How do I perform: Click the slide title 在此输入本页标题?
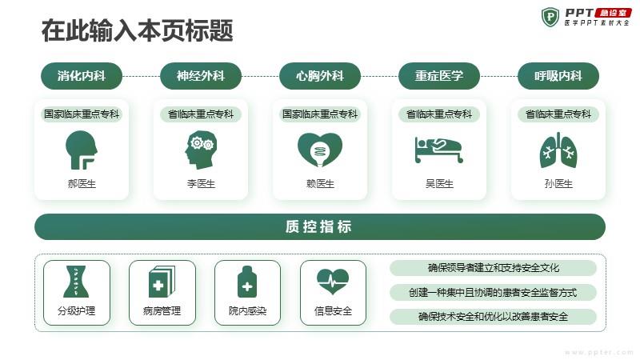[x=137, y=30]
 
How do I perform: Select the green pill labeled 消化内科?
[x=82, y=76]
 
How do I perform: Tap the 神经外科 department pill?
[x=201, y=76]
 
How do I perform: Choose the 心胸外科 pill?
[x=320, y=76]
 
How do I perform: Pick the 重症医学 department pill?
[x=439, y=76]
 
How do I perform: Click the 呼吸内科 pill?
[x=558, y=76]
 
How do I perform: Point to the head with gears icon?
[x=201, y=150]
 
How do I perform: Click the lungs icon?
[x=558, y=150]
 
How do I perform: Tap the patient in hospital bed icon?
[x=439, y=150]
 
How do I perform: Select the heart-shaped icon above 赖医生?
[x=320, y=150]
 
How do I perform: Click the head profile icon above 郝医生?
[x=82, y=150]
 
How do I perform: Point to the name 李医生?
[x=201, y=184]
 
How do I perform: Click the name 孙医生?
[x=558, y=184]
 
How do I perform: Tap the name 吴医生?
[x=439, y=184]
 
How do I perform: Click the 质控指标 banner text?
[x=318, y=226]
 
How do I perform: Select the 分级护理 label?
[x=76, y=311]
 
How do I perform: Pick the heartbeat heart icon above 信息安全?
[x=333, y=282]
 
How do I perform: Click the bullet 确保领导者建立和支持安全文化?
[x=493, y=268]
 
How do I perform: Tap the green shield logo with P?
[x=550, y=17]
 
